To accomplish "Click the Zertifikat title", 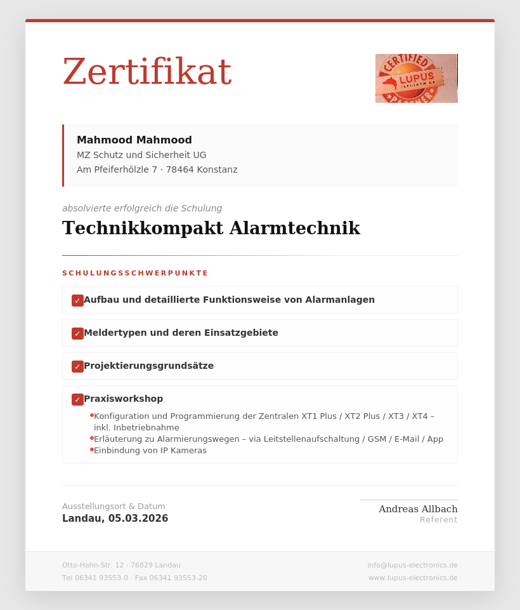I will [x=146, y=72].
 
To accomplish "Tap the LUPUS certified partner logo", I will [x=416, y=78].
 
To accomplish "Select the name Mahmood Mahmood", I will [x=134, y=140].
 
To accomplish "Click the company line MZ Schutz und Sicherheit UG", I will [x=141, y=155].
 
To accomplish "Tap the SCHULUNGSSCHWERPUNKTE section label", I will [x=135, y=274].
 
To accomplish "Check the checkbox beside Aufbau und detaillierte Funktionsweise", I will [x=77, y=300].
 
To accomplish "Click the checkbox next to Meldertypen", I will [x=77, y=333].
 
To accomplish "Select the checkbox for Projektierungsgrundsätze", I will [x=77, y=366].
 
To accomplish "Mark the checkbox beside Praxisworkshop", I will [x=77, y=399].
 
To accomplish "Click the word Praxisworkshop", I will [x=123, y=399].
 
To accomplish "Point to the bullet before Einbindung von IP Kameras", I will [x=92, y=449].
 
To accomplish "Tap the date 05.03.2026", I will [x=138, y=519].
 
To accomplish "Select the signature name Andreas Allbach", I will [x=418, y=509].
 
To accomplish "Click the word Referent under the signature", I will [x=438, y=520].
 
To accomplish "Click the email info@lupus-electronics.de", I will [x=412, y=565].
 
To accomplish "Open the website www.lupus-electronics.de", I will [x=413, y=578].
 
